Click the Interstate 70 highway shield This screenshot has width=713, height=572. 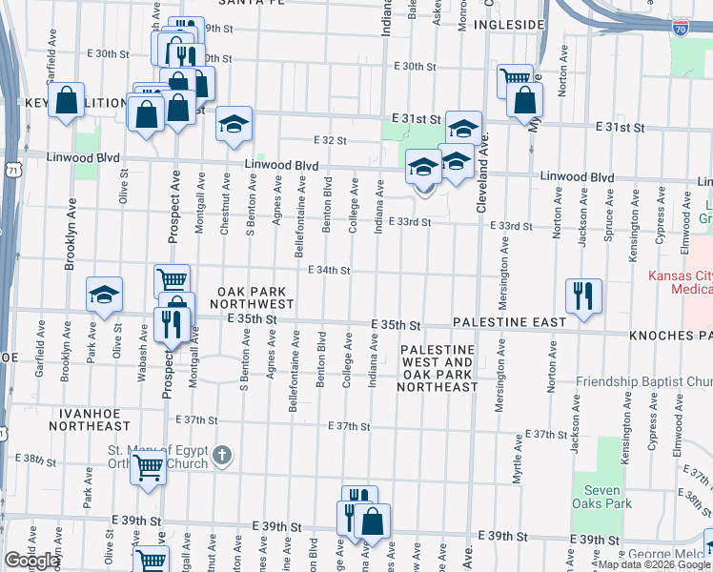click(680, 28)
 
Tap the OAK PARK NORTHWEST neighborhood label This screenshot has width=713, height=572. click(255, 296)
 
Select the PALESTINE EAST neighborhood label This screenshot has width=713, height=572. click(510, 322)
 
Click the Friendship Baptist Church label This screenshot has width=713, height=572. click(642, 382)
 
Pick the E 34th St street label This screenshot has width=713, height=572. click(329, 271)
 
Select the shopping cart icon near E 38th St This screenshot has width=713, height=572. click(148, 468)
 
